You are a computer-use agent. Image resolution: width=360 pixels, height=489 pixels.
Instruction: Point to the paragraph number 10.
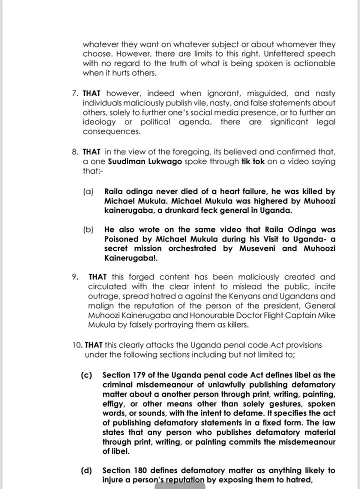(x=76, y=345)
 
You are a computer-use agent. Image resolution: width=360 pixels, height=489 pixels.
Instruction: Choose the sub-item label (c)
(x=87, y=375)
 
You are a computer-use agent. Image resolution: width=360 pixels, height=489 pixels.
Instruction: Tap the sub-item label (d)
(x=87, y=470)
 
